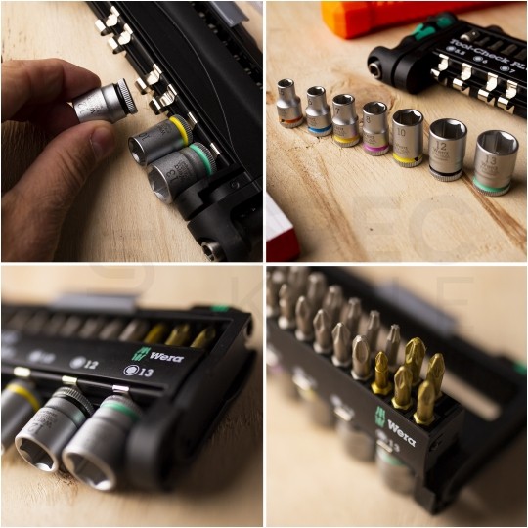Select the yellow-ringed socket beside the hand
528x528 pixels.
click(x=162, y=140)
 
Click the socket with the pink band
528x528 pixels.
click(x=374, y=128)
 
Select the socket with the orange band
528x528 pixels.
click(x=288, y=103)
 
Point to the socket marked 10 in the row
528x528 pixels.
click(x=407, y=136)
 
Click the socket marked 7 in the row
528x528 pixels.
click(x=344, y=119)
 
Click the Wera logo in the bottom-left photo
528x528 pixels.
click(x=159, y=354)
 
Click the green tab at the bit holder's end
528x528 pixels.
click(x=222, y=308)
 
